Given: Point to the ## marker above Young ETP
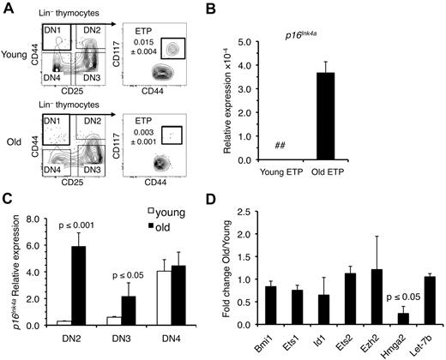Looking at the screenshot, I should (303, 147).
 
